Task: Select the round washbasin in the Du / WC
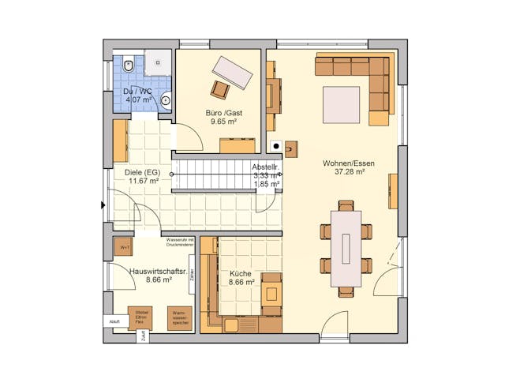point(166,100)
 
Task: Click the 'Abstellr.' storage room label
point(265,168)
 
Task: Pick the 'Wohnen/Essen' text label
point(348,163)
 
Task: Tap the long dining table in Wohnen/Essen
point(346,248)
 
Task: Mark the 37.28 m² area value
point(348,172)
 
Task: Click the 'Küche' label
point(241,273)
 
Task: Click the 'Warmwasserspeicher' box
point(181,318)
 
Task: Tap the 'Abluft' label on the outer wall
point(114,321)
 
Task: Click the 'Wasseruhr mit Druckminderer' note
point(180,242)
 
